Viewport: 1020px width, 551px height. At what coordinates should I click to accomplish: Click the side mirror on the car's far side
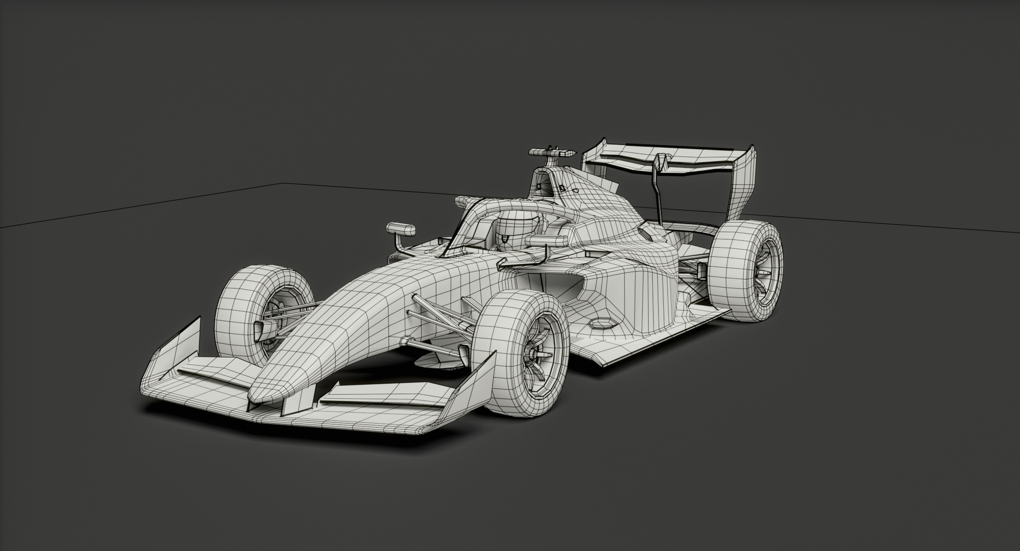point(401,229)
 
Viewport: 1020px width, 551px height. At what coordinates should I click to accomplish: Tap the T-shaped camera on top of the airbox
point(552,152)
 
